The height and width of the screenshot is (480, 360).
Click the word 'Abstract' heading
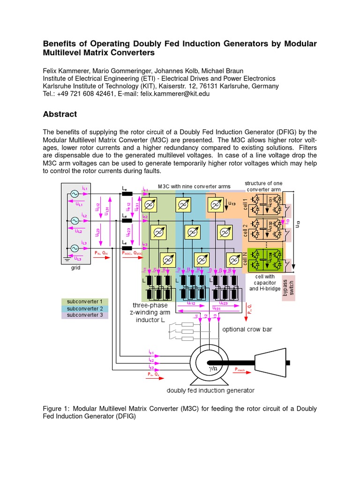[x=60, y=114]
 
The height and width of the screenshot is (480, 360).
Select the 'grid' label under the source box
[x=76, y=268]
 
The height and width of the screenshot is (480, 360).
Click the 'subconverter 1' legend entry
[x=84, y=301]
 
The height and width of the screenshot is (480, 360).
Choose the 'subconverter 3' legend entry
[x=84, y=315]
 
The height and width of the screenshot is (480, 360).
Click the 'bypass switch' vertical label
[x=288, y=287]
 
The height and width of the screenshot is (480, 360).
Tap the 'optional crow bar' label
[x=247, y=329]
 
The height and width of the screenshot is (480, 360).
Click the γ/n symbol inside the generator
[x=213, y=368]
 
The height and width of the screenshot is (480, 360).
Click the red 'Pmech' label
[x=240, y=369]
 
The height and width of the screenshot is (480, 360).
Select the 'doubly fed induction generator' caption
[x=210, y=390]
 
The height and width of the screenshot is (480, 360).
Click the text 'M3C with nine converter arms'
[x=194, y=186]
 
